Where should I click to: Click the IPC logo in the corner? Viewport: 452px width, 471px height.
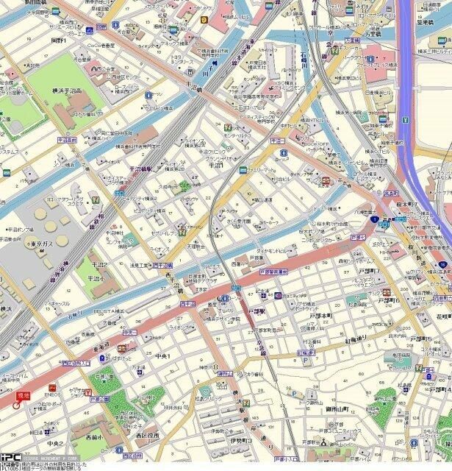point(10,457)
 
